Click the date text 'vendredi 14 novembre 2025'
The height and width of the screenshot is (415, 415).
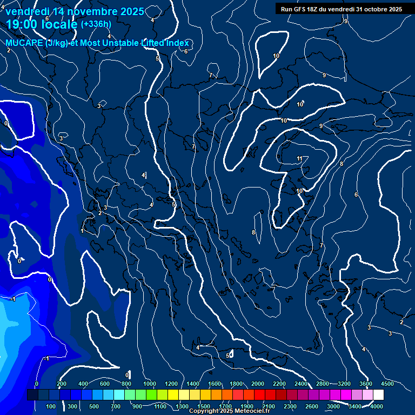pos(75,11)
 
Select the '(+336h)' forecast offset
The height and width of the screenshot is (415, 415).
pos(96,24)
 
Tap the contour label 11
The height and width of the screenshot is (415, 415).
pos(299,158)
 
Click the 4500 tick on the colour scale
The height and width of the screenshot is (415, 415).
pos(387,384)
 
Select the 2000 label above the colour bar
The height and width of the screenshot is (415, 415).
pos(258,384)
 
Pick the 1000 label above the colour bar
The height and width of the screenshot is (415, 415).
pos(150,384)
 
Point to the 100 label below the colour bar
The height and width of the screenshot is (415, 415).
pos(51,406)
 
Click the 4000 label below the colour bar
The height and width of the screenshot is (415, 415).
pos(377,406)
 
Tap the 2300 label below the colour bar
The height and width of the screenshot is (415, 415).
pos(290,406)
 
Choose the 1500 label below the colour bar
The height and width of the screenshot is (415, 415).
pos(204,406)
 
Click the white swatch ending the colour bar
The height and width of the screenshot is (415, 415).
pos(378,395)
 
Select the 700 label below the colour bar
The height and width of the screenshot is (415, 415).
pos(116,406)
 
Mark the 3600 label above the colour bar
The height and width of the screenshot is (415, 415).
pos(366,384)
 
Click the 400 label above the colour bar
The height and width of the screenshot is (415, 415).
pos(83,384)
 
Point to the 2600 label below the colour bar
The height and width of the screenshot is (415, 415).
pos(312,406)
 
